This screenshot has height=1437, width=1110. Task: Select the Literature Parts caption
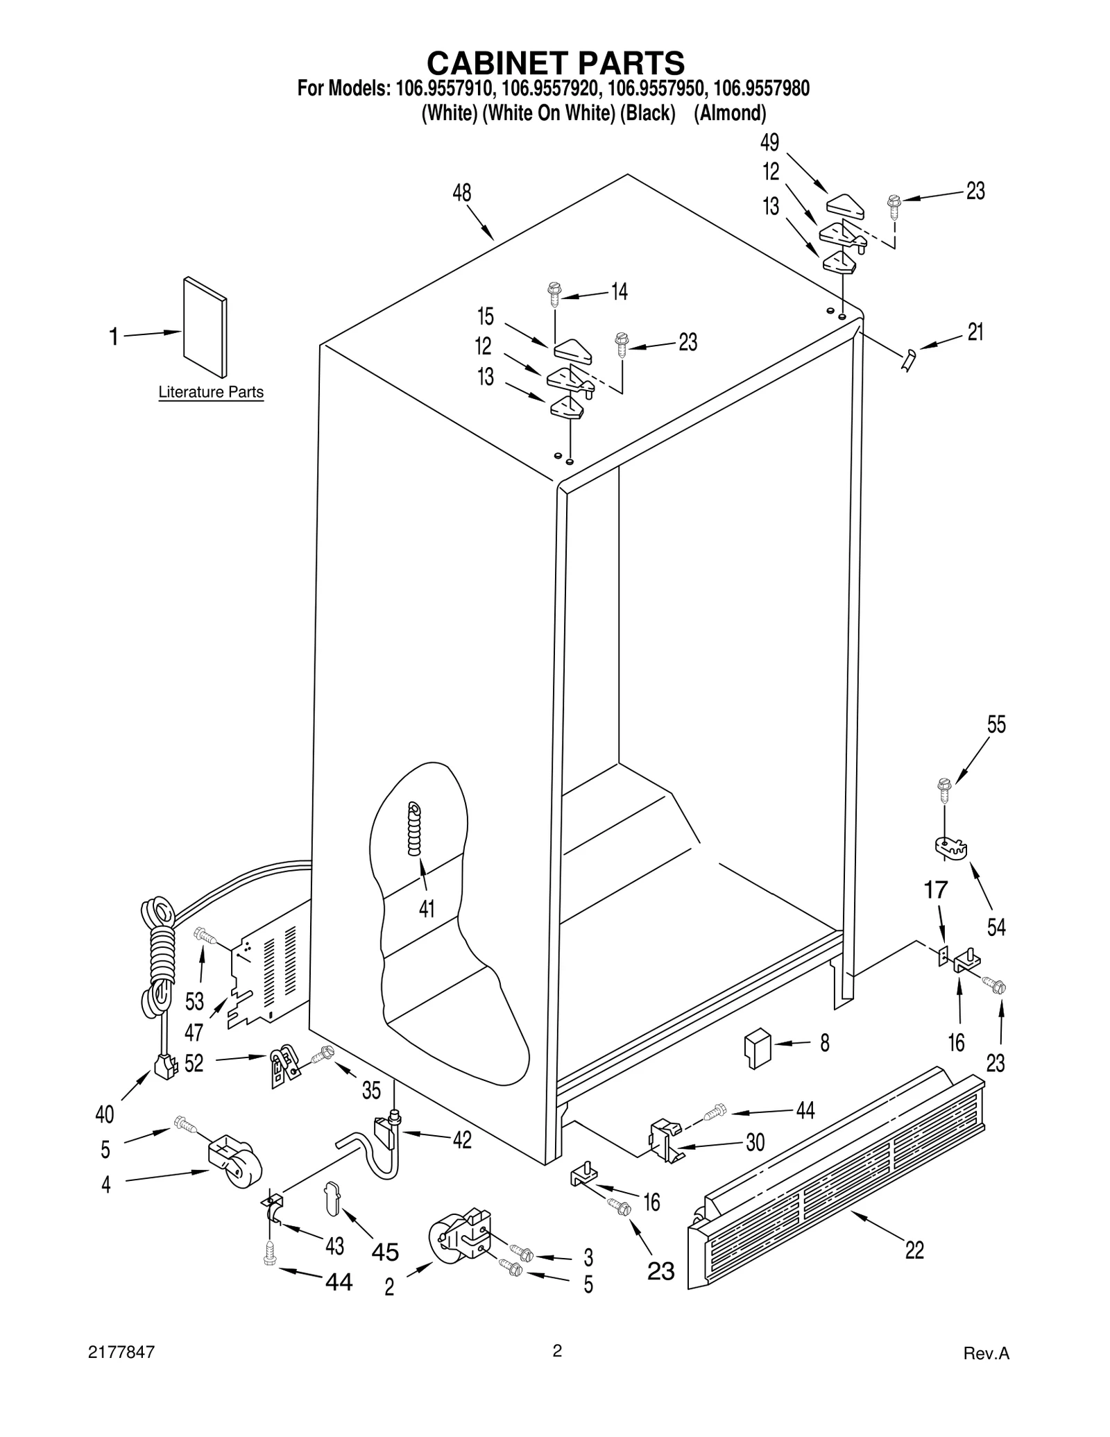pos(211,392)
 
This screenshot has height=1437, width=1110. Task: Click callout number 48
pos(462,192)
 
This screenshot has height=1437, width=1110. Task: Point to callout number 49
pos(769,142)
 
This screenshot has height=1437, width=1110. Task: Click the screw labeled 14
pos(554,294)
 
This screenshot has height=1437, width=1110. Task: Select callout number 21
pos(975,332)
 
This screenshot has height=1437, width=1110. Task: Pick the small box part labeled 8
pos(757,1048)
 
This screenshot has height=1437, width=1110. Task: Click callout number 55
pos(996,724)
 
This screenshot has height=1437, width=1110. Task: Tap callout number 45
pos(385,1252)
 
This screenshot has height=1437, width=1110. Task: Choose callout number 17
pos(936,889)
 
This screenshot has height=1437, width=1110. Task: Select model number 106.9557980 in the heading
pos(761,89)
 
